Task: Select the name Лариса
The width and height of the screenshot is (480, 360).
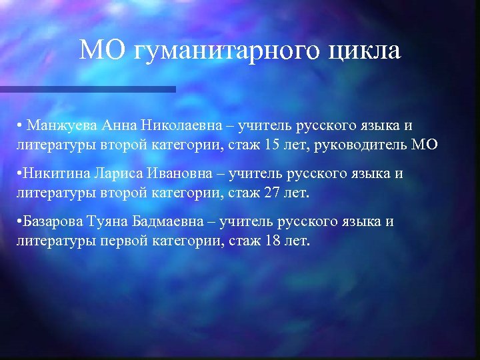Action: [x=121, y=174]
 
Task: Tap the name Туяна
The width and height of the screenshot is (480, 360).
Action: [x=111, y=222]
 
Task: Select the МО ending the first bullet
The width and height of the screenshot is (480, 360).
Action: [x=425, y=143]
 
